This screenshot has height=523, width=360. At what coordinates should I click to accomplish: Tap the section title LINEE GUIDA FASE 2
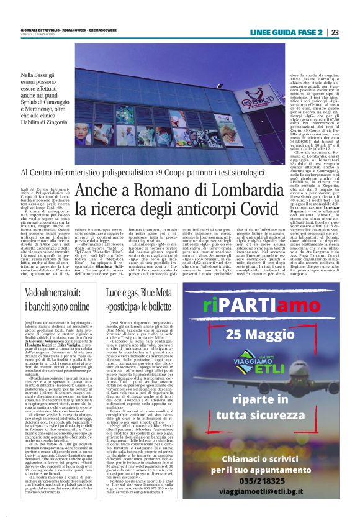(286, 32)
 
